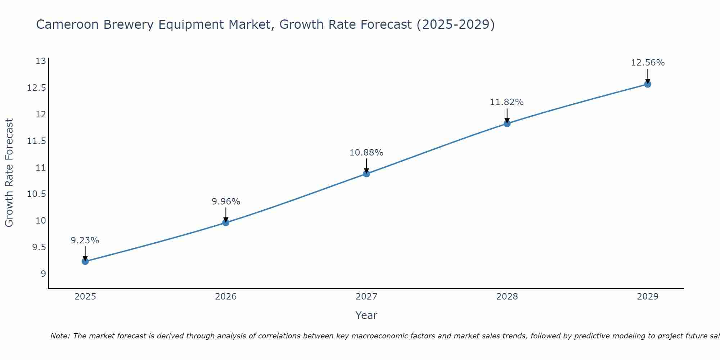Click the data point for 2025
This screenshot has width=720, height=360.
point(85,261)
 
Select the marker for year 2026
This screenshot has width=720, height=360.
point(226,222)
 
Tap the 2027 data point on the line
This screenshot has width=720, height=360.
point(366,174)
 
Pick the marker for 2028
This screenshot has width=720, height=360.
point(507,124)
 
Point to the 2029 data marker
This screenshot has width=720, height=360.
point(648,84)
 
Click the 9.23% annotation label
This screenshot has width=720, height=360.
point(85,240)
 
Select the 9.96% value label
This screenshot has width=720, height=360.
point(226,202)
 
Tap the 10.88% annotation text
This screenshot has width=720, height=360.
point(366,153)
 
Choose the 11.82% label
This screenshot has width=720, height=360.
point(507,102)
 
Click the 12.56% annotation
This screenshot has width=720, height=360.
point(648,63)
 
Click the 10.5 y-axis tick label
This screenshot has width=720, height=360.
point(37,194)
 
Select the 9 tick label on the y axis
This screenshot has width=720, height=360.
point(44,274)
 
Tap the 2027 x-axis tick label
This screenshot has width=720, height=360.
point(366,297)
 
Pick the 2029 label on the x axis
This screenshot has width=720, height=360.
point(648,297)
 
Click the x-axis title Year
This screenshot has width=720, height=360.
point(366,315)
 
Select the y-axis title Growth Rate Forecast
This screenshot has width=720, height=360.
point(9,173)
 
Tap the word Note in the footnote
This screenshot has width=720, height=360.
point(60,336)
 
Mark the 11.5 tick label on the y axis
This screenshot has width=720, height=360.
point(37,141)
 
